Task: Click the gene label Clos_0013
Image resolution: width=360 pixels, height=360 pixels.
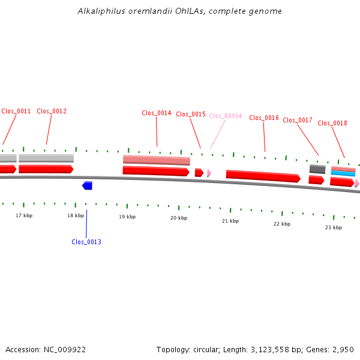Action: coord(86,242)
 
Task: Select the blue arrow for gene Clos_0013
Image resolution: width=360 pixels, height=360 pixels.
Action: coord(87,185)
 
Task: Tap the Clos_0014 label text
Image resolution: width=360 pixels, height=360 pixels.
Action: coord(157,113)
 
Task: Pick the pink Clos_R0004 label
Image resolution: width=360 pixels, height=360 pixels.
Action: coord(226,116)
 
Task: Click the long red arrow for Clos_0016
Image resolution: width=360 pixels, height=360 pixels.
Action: coord(263,176)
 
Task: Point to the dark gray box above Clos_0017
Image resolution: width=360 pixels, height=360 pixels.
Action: coord(317,169)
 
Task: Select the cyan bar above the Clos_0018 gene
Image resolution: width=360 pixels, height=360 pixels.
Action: coord(343,173)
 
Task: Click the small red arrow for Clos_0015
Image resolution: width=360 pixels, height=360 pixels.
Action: coord(199,172)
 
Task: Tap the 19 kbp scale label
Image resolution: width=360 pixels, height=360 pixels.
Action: coord(127,217)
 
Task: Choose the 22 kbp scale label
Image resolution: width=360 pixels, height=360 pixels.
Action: coord(282,224)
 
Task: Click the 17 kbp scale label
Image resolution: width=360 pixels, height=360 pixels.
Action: coord(24,215)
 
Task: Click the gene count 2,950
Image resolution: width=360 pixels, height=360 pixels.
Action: coord(343,350)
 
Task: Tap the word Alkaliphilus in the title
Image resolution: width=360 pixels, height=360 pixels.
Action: coord(101,11)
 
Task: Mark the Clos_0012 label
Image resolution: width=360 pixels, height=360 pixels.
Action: coord(52,111)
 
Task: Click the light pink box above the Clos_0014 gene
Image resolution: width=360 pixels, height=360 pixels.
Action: coord(157,160)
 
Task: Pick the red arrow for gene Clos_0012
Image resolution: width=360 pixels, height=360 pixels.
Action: coord(46,169)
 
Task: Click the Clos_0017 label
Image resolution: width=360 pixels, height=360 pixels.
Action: coord(298,120)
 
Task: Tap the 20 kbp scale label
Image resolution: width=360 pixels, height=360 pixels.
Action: coord(179,218)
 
